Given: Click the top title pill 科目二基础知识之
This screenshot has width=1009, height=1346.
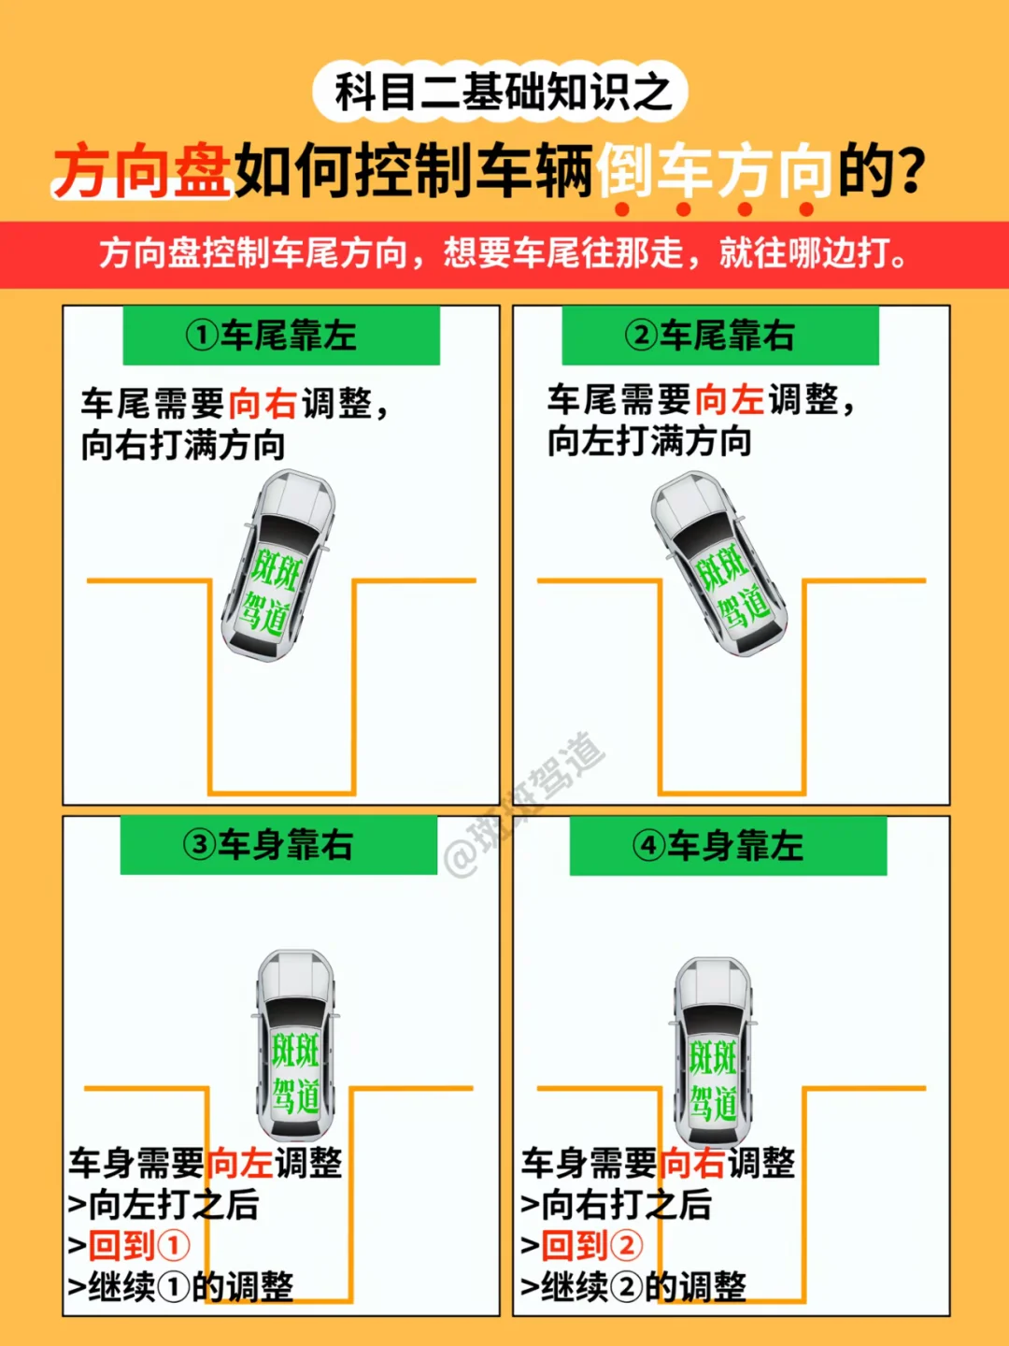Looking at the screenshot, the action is pos(501,92).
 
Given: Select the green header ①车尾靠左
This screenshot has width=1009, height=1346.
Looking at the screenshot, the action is pos(281,336).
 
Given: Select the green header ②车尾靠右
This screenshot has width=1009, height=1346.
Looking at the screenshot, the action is pos(719,336).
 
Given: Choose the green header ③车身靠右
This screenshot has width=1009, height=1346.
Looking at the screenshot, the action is pos(278,845).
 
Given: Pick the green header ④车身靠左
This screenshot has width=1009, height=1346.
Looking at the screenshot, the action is pos(728,846).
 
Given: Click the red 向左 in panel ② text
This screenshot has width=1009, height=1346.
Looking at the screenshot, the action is pos(730,400).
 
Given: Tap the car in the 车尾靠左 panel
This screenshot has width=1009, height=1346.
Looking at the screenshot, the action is pos(278,565).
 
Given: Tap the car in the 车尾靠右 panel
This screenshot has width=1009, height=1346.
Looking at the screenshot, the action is pos(718,563).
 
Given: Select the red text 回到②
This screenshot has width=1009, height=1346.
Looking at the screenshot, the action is pos(592,1245).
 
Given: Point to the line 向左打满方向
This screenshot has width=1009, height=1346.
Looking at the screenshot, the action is pos(649,441).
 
